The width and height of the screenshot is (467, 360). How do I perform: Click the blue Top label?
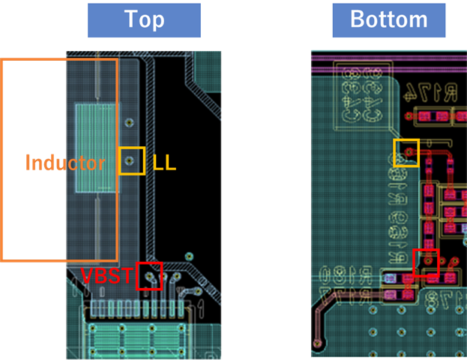tap(144, 20)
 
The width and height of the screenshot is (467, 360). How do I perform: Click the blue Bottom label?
tap(388, 20)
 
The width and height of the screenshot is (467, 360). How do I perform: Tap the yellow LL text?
tap(164, 162)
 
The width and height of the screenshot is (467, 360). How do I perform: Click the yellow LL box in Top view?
tap(131, 160)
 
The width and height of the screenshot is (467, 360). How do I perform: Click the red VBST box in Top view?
tap(149, 276)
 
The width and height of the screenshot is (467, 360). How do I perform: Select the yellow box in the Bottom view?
tap(406, 152)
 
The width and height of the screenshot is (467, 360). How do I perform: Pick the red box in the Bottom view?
tap(426, 262)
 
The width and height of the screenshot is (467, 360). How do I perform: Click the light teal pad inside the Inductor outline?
tap(96, 149)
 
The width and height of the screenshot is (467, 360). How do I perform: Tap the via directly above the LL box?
tap(131, 121)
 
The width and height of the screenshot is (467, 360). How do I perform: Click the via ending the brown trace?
tap(319, 344)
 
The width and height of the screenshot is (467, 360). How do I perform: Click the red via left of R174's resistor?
tap(410, 116)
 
